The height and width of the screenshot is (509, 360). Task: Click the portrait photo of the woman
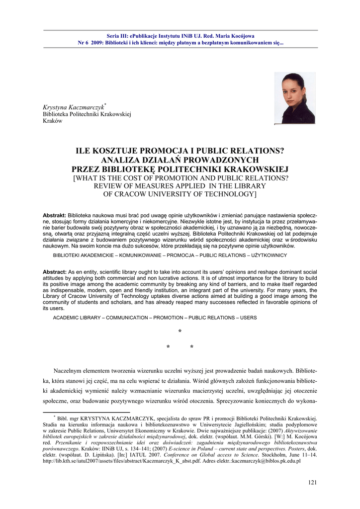click(x=295, y=98)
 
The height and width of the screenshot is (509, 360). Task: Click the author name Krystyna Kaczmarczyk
click(x=73, y=108)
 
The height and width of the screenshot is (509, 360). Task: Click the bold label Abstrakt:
click(x=54, y=215)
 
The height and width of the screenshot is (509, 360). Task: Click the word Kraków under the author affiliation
click(x=52, y=121)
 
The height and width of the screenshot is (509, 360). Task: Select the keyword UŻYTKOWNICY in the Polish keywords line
click(x=269, y=255)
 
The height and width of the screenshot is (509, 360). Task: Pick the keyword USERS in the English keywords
click(x=249, y=318)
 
